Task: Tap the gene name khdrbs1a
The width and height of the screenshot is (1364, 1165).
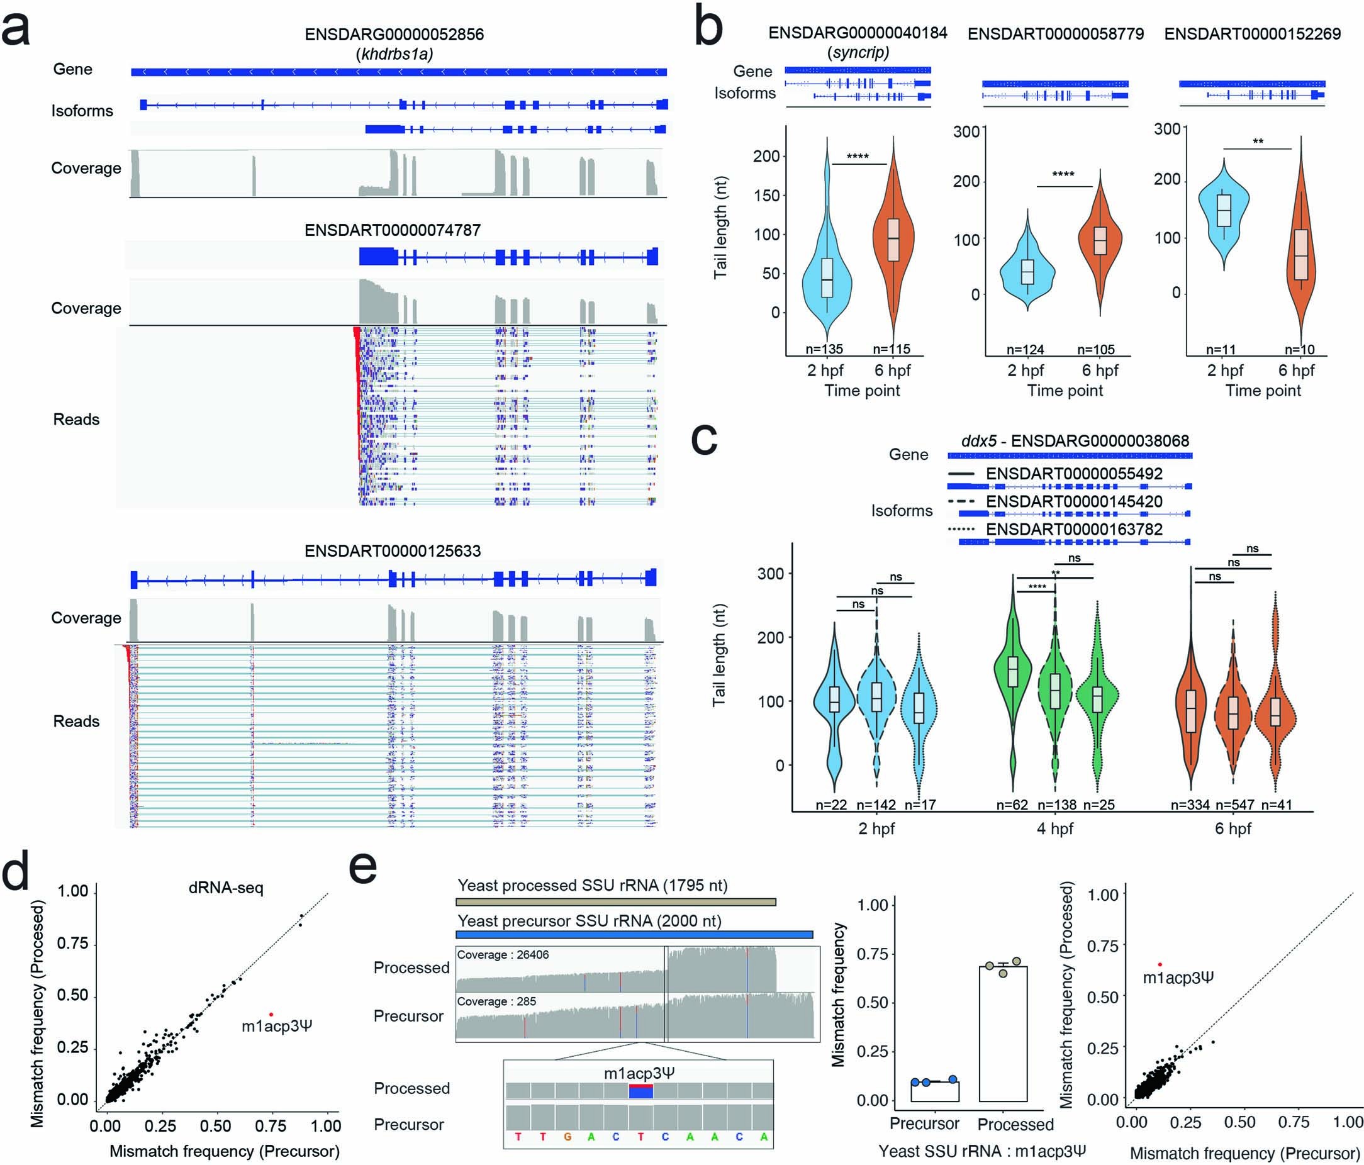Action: click(x=394, y=54)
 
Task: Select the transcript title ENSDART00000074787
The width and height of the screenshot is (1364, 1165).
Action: click(x=393, y=230)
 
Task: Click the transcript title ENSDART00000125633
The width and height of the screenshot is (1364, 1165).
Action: click(x=393, y=550)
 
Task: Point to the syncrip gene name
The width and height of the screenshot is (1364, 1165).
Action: click(x=858, y=52)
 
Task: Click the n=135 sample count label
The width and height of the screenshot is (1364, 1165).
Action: click(x=824, y=350)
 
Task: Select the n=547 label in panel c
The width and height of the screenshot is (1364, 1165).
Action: click(x=1233, y=805)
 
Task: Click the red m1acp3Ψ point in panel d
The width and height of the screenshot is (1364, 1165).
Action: click(x=271, y=1014)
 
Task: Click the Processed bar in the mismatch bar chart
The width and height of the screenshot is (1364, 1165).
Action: click(x=1003, y=1034)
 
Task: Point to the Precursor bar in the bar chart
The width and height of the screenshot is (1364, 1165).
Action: click(x=935, y=1091)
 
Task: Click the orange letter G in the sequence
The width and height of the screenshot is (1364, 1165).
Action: click(x=567, y=1137)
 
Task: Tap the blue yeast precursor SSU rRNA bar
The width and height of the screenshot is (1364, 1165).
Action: click(x=635, y=935)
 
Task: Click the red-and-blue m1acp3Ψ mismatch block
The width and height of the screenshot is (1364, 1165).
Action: click(x=640, y=1091)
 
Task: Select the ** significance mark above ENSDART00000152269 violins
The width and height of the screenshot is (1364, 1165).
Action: click(x=1257, y=142)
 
